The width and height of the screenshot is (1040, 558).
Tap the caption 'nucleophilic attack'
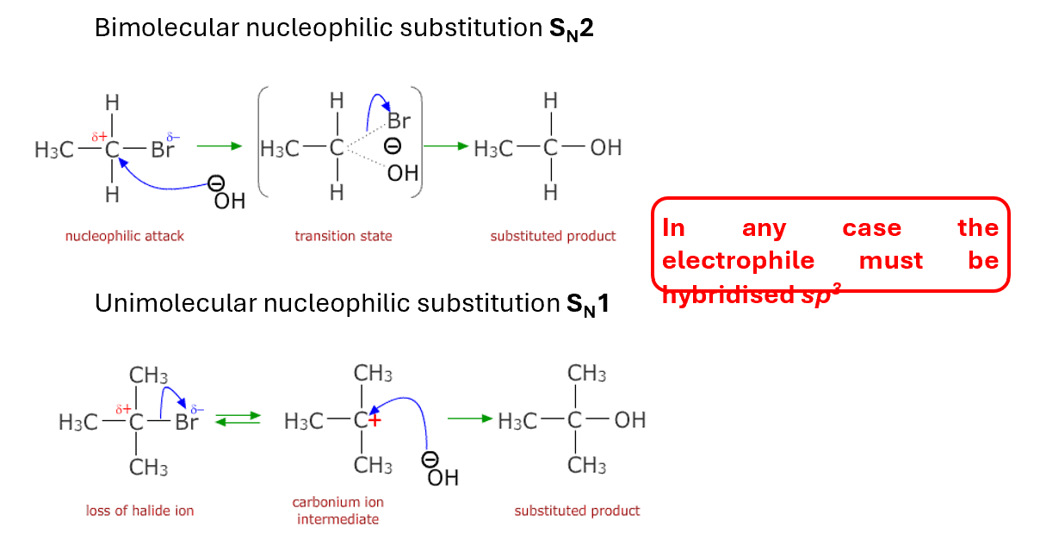click(125, 236)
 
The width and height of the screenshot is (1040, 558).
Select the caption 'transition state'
click(343, 236)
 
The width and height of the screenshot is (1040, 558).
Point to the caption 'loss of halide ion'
click(139, 511)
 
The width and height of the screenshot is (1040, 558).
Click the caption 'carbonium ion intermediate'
click(337, 510)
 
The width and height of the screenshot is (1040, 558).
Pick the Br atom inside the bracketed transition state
click(398, 121)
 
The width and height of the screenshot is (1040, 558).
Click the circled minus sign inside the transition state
click(392, 147)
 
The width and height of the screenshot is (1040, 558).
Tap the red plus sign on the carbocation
click(374, 419)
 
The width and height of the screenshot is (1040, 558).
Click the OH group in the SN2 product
click(605, 148)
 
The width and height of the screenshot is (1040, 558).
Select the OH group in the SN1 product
click(629, 420)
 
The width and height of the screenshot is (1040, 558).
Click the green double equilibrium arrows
click(238, 419)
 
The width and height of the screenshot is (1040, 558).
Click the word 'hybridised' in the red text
click(725, 294)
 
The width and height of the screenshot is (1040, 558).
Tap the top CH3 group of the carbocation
click(374, 374)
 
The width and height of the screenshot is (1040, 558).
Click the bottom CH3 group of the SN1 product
click(587, 466)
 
